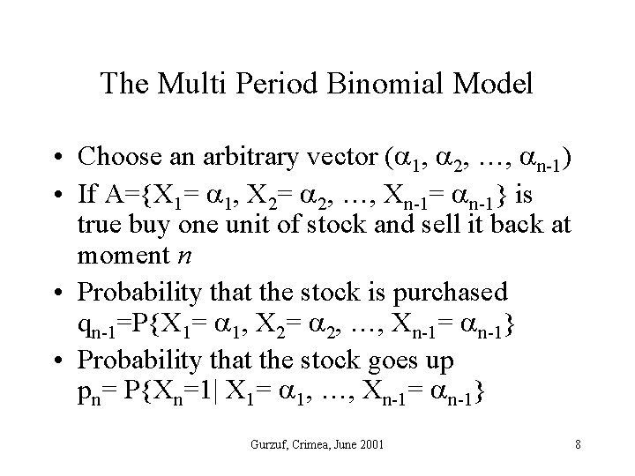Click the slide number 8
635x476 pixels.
(578, 443)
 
